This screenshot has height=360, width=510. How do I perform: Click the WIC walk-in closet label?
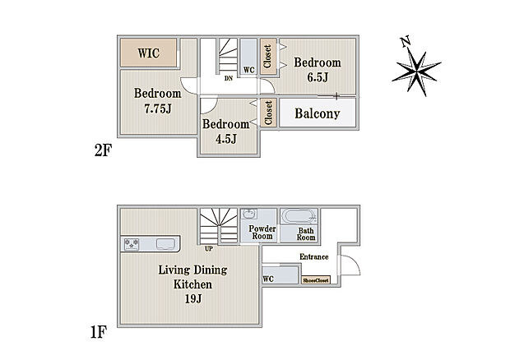tap(149, 53)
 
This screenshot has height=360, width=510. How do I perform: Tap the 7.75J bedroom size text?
tap(158, 108)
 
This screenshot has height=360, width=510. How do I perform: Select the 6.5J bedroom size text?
tap(318, 77)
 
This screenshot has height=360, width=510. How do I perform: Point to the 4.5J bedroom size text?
tap(226, 139)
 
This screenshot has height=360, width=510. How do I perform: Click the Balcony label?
tap(318, 113)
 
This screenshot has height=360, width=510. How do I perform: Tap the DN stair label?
tap(229, 78)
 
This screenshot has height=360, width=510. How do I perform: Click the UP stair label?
tap(209, 248)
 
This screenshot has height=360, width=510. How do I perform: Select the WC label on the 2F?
tap(248, 70)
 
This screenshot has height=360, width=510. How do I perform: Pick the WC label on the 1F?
tap(268, 279)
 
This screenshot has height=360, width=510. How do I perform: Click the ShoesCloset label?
tap(316, 280)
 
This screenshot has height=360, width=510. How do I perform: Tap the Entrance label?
tap(314, 257)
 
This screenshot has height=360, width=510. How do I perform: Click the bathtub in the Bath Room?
tap(299, 216)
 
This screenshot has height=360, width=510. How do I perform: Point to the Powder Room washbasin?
tap(249, 215)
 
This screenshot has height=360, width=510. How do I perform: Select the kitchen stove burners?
tap(132, 244)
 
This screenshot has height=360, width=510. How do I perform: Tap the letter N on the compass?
tap(406, 42)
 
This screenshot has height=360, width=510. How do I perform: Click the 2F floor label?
tap(103, 150)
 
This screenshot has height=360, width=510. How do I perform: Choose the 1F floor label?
tap(98, 332)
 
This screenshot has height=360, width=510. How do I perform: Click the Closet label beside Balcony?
tap(268, 113)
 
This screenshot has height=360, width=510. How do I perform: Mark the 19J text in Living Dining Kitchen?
tap(193, 298)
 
